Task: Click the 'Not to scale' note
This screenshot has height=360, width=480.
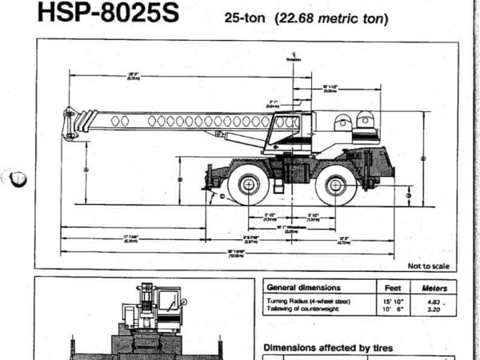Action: pyautogui.click(x=427, y=266)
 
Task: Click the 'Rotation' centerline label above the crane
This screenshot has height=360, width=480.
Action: pyautogui.click(x=294, y=58)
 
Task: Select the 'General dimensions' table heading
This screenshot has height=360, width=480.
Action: pyautogui.click(x=303, y=287)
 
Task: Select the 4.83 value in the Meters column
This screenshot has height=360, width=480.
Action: pyautogui.click(x=433, y=301)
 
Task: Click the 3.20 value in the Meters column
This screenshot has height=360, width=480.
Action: pyautogui.click(x=433, y=309)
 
